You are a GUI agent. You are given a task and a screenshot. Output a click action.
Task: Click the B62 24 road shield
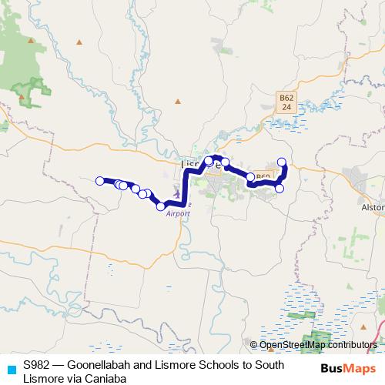pyautogui.click(x=286, y=102)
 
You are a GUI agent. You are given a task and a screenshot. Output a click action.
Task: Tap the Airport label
pyautogui.click(x=178, y=213)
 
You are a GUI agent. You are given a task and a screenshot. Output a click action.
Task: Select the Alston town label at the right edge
pyautogui.click(x=372, y=207)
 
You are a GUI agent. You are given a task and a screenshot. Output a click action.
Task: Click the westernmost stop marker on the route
pyautogui.click(x=99, y=181)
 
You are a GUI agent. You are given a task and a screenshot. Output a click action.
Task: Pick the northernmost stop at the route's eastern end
pyautogui.click(x=282, y=162)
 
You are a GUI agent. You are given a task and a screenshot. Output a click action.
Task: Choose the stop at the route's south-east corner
pyautogui.click(x=280, y=188)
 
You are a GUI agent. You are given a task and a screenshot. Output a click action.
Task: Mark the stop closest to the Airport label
pyautogui.click(x=161, y=206)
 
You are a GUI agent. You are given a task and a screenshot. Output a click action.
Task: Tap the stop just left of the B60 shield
pyautogui.click(x=250, y=178)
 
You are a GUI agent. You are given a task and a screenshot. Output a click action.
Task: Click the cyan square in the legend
pyautogui.click(x=11, y=368)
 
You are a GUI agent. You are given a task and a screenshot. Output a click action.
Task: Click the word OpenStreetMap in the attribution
pyautogui.click(x=291, y=345)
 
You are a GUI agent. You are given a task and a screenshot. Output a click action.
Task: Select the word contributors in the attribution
pyautogui.click(x=351, y=345)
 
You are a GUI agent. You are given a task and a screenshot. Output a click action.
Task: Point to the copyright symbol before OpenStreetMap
pyautogui.click(x=253, y=345)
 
